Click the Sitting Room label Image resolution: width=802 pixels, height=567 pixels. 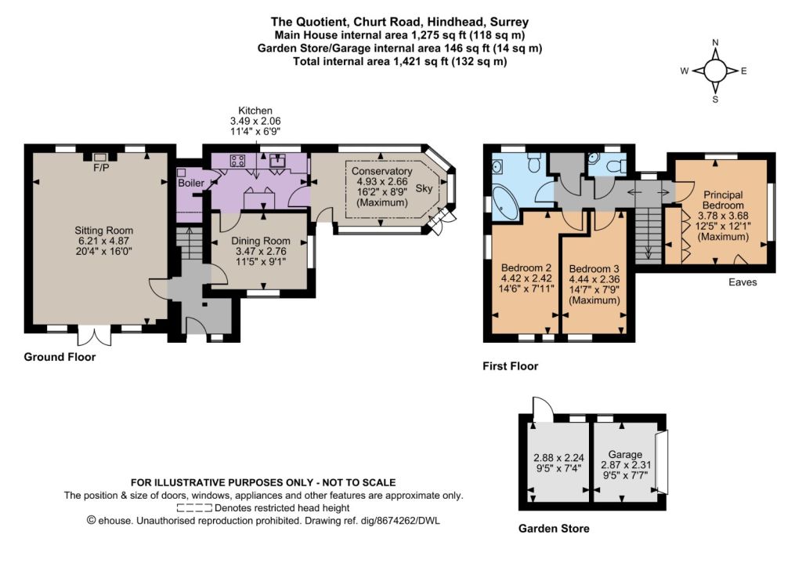point(104,231)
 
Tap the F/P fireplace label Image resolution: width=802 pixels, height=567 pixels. point(101,168)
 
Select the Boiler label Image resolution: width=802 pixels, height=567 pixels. point(191,183)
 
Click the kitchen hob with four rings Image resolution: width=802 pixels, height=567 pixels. point(237,160)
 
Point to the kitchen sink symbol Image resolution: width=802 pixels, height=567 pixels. point(279,160)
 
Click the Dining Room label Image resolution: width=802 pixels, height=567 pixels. point(260,241)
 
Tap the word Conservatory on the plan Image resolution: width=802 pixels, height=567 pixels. point(381,171)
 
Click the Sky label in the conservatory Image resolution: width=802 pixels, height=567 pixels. point(424,188)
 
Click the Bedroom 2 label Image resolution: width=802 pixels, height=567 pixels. point(526,267)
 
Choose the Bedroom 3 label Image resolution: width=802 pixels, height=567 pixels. point(594,268)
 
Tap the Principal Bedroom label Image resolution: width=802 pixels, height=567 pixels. point(723,200)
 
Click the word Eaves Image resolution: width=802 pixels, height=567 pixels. point(742,282)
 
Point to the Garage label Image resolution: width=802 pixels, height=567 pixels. point(625,454)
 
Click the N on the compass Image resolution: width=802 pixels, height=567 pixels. point(716,42)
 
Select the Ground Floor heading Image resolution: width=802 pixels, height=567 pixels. point(60,357)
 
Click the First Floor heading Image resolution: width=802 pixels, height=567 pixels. point(511,366)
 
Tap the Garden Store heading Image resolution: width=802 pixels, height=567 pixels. point(554,529)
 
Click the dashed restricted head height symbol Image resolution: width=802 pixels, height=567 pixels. point(194,508)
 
